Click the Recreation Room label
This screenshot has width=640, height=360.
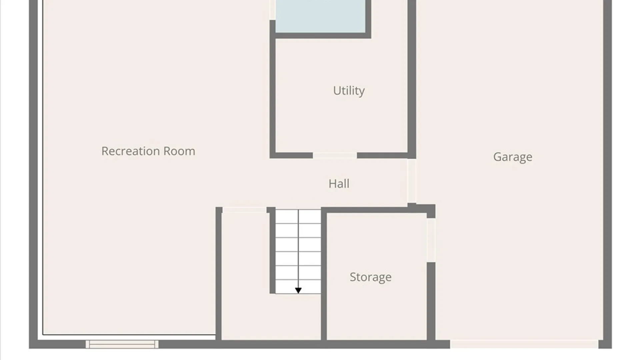click(x=148, y=151)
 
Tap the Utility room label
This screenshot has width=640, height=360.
click(x=349, y=91)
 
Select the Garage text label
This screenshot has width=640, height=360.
click(x=513, y=157)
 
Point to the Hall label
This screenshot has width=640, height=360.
click(x=339, y=184)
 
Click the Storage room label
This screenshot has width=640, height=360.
click(x=371, y=277)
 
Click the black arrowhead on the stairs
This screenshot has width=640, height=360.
click(x=298, y=291)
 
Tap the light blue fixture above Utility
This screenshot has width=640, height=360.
click(x=320, y=16)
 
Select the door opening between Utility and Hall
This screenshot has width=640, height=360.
click(x=335, y=155)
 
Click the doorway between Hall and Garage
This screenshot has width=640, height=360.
click(x=412, y=181)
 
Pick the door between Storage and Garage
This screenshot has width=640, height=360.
click(x=431, y=240)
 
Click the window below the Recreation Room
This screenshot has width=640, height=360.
click(x=122, y=344)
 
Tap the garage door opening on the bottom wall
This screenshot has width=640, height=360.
click(x=524, y=344)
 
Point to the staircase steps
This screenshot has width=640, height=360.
click(x=298, y=252)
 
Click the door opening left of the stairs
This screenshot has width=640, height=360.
click(x=244, y=210)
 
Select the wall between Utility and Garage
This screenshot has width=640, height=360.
click(x=412, y=79)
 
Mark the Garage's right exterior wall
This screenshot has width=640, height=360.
click(x=607, y=173)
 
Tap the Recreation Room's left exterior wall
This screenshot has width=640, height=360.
click(x=33, y=173)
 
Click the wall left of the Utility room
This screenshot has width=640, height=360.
click(x=272, y=89)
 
